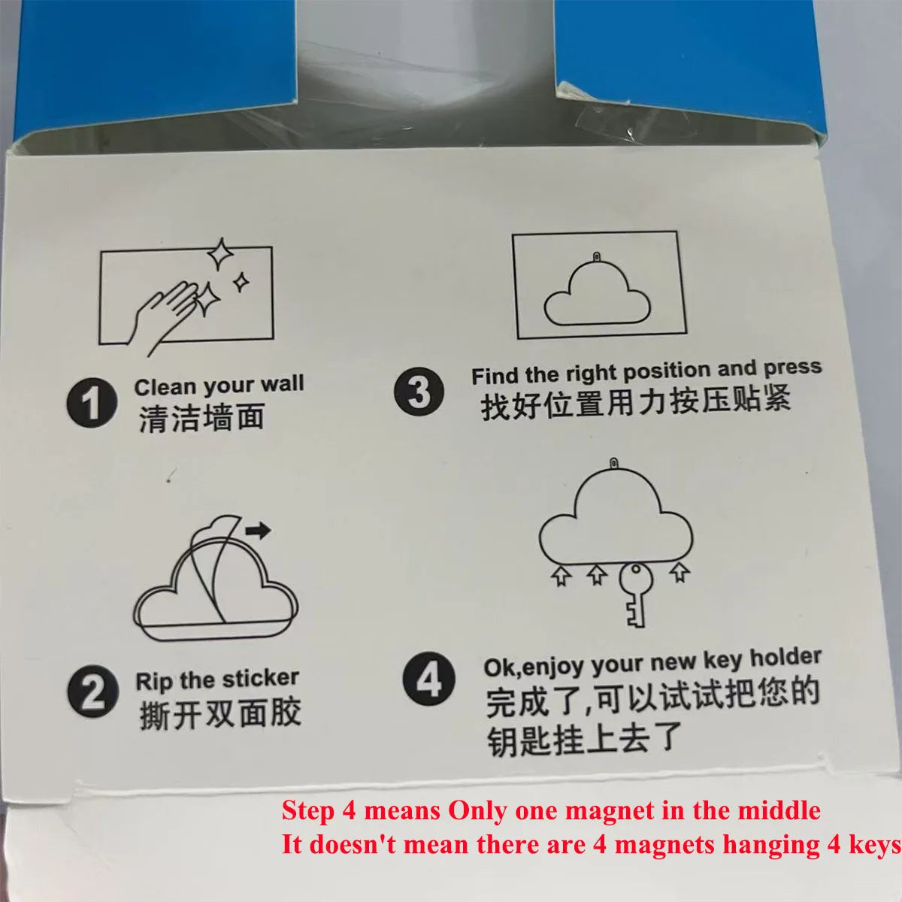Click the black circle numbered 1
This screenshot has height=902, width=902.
(92, 403)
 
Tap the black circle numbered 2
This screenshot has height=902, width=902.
(92, 691)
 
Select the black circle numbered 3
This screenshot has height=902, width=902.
(419, 391)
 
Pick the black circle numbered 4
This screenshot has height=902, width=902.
(428, 678)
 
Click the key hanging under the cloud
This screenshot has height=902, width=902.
(636, 595)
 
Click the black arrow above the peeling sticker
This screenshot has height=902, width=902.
(259, 531)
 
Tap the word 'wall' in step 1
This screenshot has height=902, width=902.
(283, 383)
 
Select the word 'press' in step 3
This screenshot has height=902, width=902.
(793, 368)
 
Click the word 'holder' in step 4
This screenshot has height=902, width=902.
(786, 657)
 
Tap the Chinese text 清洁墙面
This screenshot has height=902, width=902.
(201, 417)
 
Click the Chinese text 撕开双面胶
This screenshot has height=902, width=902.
(220, 714)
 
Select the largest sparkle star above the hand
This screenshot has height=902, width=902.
(220, 254)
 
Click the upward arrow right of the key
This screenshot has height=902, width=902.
(680, 572)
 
